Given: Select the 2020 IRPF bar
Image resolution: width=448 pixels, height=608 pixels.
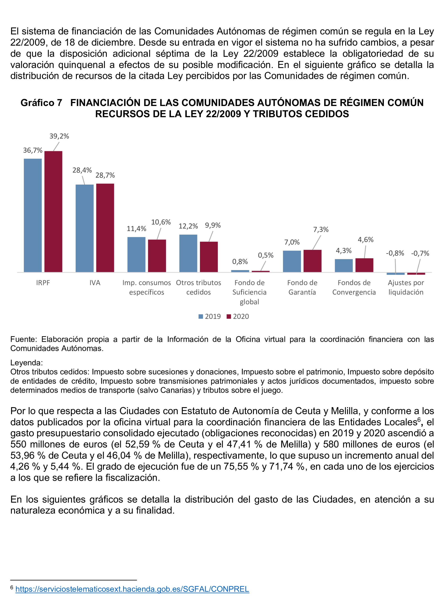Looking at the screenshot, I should point(53,211).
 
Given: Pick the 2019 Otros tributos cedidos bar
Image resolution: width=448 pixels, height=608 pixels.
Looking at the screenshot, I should point(188,253).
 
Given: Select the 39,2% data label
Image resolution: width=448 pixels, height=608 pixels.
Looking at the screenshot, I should point(59,136).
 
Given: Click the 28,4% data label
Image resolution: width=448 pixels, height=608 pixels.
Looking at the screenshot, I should point(82,170).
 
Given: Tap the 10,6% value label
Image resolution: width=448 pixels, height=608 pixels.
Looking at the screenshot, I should point(161,222).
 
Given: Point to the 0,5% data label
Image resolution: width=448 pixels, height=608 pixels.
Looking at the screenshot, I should point(265,255).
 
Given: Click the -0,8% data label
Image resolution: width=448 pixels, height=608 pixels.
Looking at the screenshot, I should point(395,253).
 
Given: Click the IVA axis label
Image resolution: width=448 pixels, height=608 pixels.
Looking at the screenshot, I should point(95,283).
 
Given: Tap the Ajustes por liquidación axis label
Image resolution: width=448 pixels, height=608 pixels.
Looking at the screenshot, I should point(406,287).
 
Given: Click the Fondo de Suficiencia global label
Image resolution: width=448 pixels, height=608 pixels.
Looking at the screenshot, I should point(249,292).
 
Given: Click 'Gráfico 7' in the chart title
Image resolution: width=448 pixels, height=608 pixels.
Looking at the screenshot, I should point(41,103).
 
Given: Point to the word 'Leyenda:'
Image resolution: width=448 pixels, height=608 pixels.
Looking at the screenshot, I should point(26,363).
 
